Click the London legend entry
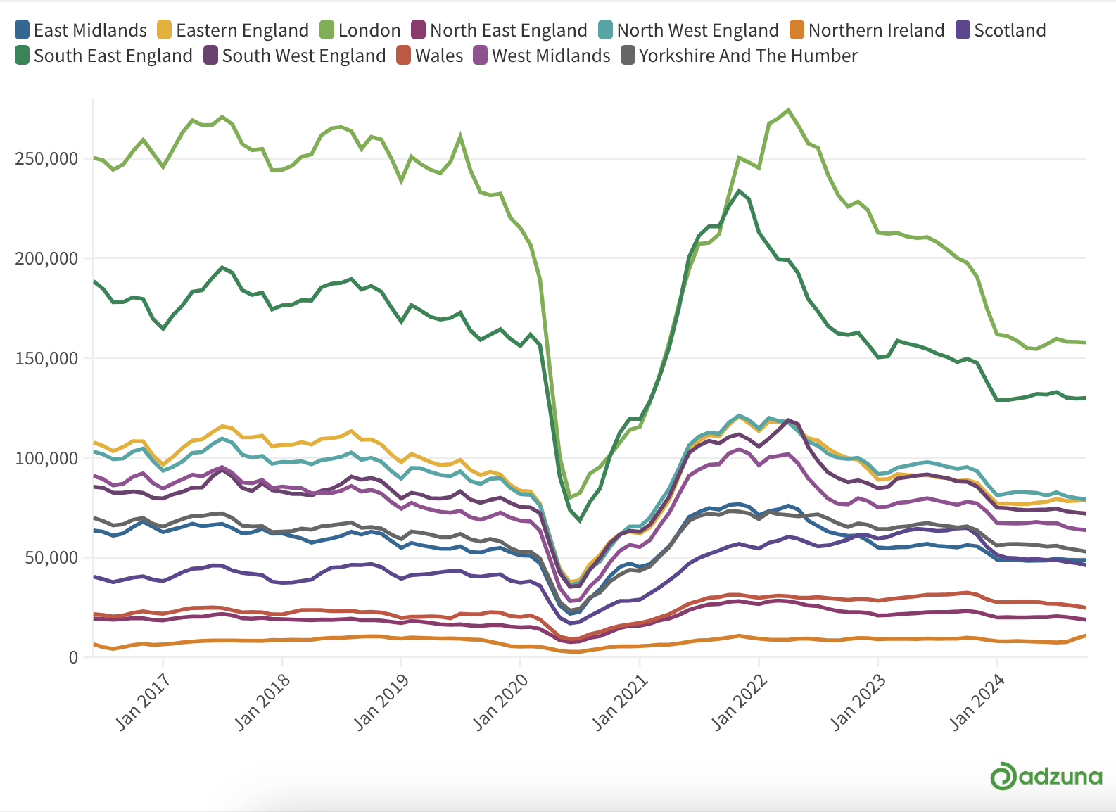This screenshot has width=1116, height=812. tap(360, 30)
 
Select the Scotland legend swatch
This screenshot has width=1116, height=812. tap(963, 30)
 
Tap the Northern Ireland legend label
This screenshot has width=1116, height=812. tap(876, 30)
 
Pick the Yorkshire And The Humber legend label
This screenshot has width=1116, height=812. tap(748, 56)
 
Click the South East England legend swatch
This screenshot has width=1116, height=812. tap(22, 56)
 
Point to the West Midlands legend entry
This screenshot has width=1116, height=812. tap(542, 56)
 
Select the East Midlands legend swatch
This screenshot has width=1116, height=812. tap(22, 30)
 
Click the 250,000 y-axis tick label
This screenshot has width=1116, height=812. tap(46, 159)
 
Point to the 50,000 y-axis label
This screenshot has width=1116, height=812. tap(51, 557)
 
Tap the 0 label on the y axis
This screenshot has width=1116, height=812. tap(73, 657)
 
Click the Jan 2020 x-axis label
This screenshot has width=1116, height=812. tap(500, 702)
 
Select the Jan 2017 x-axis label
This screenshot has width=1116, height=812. tap(143, 702)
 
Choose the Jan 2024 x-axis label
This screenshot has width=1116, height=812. tap(977, 702)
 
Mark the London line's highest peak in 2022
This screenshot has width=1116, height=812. tap(787, 110)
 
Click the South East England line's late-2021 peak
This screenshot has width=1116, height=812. tap(739, 190)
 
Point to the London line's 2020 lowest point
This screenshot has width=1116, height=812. tap(570, 497)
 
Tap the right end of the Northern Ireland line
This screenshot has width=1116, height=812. tap(1086, 635)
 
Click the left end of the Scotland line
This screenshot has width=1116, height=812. tap(94, 576)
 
